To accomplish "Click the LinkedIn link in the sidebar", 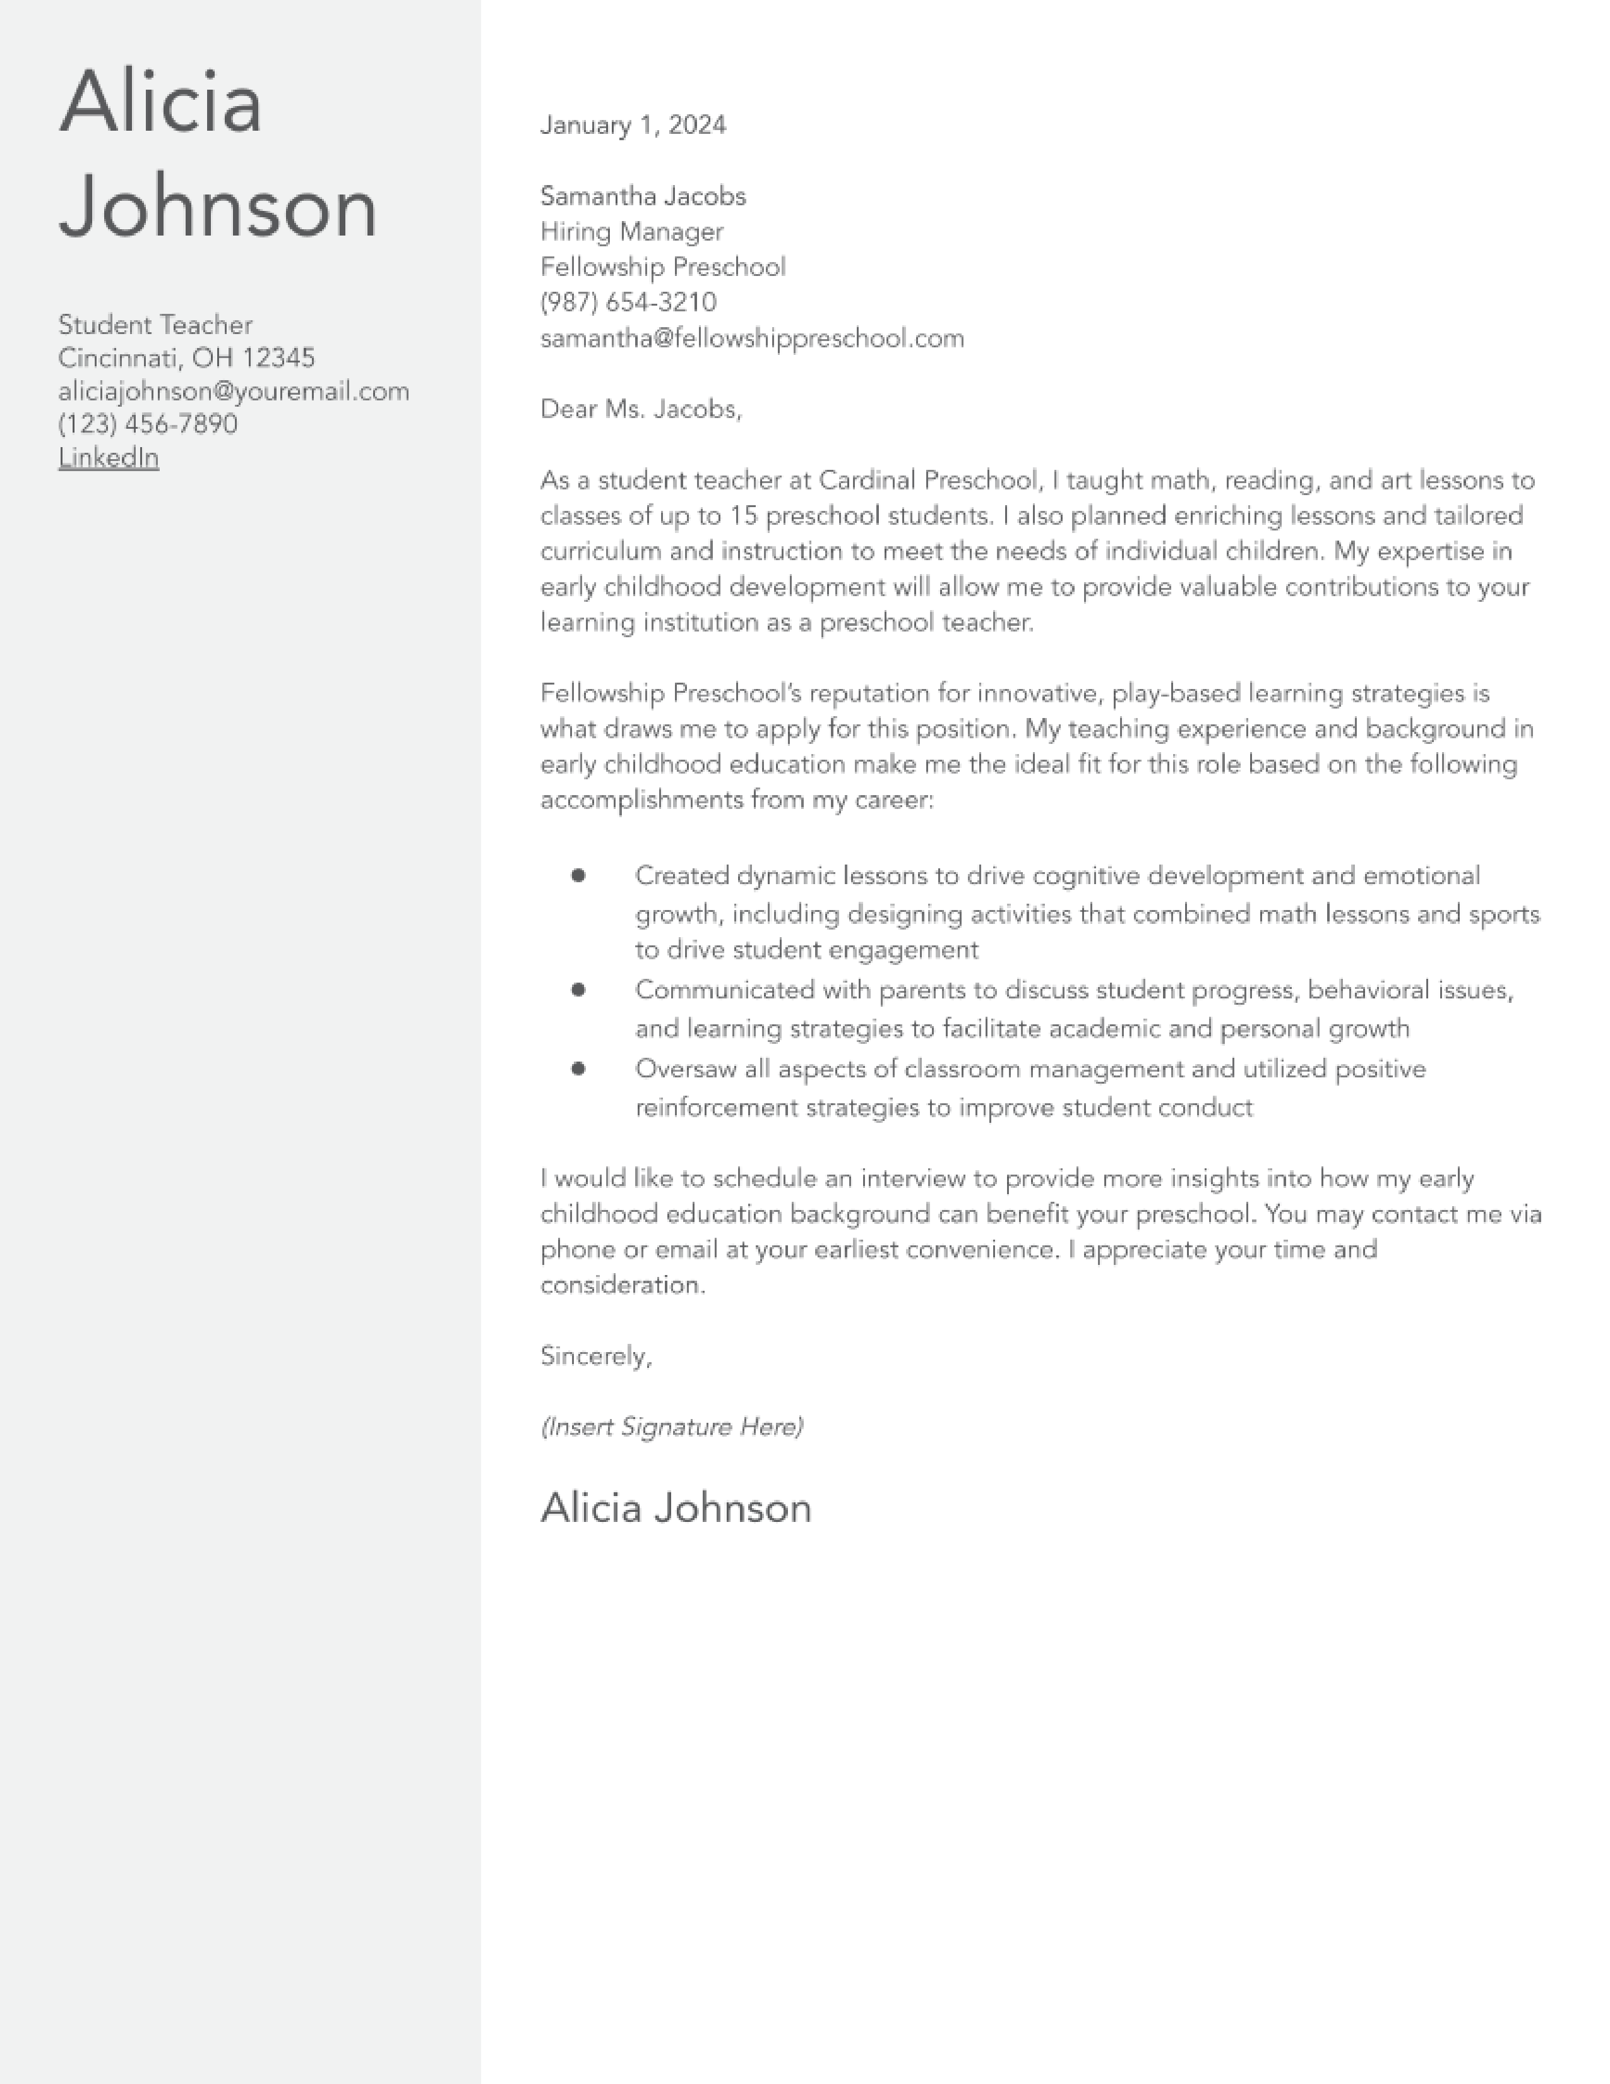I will pos(109,458).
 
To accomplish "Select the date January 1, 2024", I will pos(633,125).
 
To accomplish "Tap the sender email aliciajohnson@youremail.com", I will pos(234,392).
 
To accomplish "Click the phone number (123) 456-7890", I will pos(148,424).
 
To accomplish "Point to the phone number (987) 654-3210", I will pos(628,302).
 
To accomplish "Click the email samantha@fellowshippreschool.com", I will pos(751,338).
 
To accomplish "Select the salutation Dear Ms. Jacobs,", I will pos(640,409).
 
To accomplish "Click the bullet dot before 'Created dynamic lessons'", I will pos(578,875).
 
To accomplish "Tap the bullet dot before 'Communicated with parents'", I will pos(578,990).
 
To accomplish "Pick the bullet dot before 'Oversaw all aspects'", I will pos(578,1069).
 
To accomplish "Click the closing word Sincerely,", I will pos(596,1356).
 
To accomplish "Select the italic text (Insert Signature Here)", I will pos(672,1427).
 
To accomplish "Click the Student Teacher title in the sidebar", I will pos(155,325).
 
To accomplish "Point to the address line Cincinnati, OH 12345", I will pos(186,358).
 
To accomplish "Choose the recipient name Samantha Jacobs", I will pos(643,196).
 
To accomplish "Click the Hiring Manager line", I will pos(631,232).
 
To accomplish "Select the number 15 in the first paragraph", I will pos(743,516).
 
